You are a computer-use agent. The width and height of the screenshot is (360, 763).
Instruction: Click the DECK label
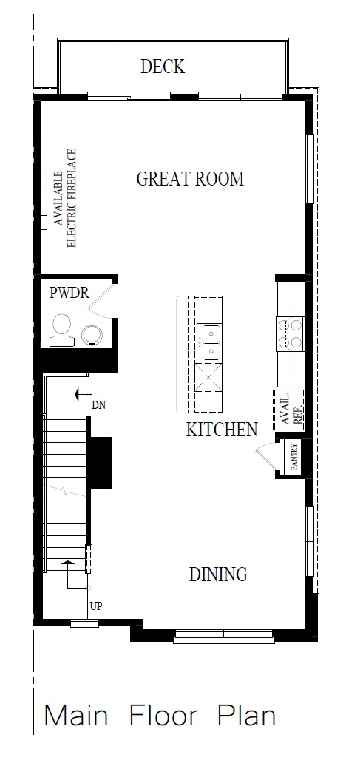(x=163, y=67)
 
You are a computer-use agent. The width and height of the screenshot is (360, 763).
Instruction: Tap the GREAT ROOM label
(x=190, y=179)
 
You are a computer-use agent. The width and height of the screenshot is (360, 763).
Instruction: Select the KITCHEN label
(x=221, y=430)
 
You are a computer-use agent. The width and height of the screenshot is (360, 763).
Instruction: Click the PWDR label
(x=69, y=294)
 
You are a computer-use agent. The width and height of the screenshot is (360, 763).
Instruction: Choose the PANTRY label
(x=293, y=457)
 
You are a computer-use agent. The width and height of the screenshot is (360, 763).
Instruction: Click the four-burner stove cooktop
(x=291, y=333)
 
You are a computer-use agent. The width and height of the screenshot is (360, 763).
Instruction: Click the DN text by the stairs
(x=99, y=405)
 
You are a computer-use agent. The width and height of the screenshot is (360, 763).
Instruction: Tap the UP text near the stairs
(x=96, y=606)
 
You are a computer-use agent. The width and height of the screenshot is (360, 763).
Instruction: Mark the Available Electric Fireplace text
(x=65, y=198)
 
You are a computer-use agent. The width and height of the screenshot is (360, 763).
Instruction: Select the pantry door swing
(x=265, y=457)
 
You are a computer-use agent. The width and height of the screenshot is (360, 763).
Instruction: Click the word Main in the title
(x=76, y=716)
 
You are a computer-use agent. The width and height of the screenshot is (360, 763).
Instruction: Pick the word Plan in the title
(x=247, y=716)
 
